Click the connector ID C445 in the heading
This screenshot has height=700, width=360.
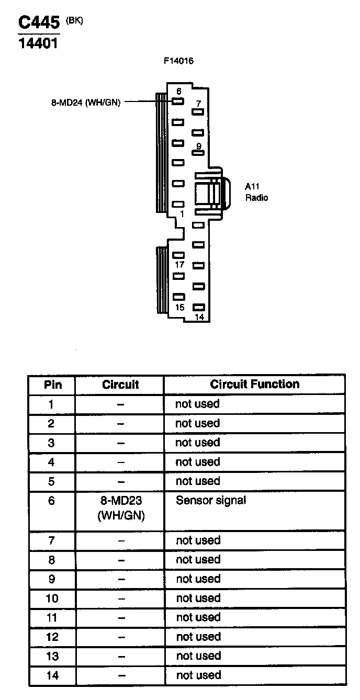[39, 23]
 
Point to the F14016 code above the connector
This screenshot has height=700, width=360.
[178, 61]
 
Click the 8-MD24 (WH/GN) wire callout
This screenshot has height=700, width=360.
[86, 103]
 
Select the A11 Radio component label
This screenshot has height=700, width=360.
[256, 191]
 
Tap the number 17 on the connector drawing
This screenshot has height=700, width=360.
[179, 265]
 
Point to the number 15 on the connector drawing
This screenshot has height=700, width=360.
[179, 307]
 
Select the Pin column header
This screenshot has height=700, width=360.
[52, 385]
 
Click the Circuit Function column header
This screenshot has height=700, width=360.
[255, 385]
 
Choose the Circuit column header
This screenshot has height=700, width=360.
[120, 385]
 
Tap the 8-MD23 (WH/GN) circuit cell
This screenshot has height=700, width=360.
[121, 508]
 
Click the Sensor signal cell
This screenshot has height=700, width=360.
[211, 500]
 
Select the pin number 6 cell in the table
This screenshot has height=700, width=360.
[51, 501]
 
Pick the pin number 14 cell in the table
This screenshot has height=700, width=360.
[52, 675]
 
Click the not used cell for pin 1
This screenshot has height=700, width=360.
[197, 404]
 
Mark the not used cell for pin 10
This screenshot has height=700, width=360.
[198, 598]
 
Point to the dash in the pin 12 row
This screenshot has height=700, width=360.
[121, 637]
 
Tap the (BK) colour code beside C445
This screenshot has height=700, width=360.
[74, 20]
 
